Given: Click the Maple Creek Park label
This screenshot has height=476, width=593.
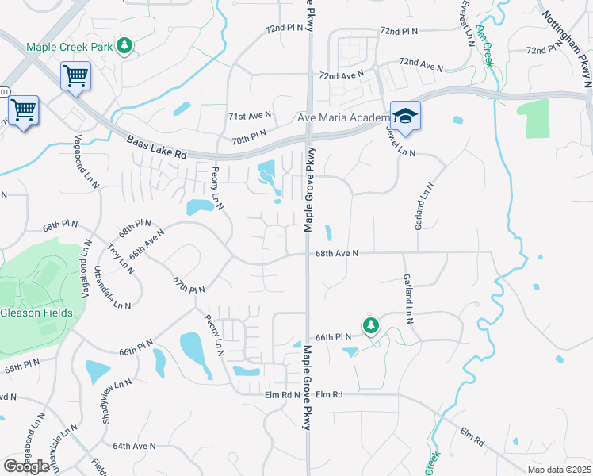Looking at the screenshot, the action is (x=69, y=48).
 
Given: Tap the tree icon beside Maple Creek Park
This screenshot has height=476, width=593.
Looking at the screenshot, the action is (x=124, y=48).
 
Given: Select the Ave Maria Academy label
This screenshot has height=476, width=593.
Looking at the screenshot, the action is (x=342, y=118).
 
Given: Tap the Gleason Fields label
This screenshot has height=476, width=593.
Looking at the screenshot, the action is (x=36, y=313).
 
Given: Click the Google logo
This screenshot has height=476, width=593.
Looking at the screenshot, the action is (x=26, y=466).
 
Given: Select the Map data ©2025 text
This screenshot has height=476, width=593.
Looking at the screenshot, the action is (x=559, y=470).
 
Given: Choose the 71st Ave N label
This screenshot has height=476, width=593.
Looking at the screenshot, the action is (x=250, y=116).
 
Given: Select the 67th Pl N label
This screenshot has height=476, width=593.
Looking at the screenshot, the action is (x=189, y=284).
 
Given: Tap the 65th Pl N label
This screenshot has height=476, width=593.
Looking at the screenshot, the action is (x=21, y=366).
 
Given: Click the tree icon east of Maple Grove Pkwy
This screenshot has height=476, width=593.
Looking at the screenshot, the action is (x=370, y=325).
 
